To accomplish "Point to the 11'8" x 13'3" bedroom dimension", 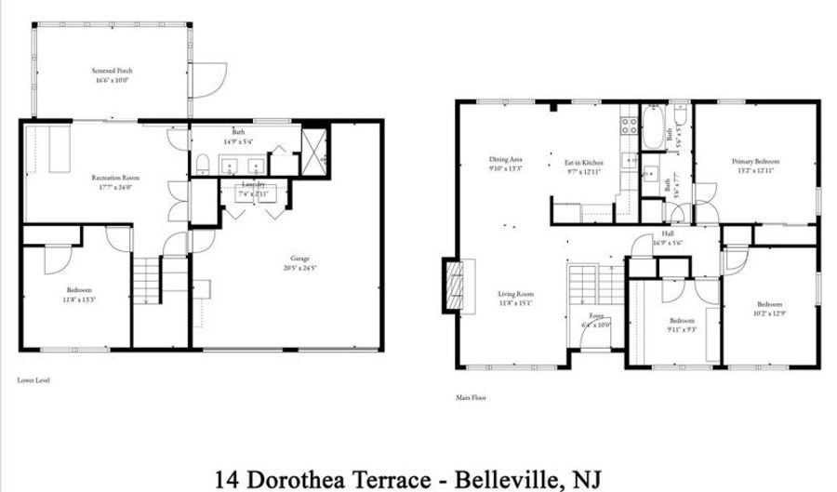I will (79, 299).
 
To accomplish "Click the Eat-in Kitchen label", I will (584, 163).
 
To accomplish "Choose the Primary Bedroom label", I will (754, 162).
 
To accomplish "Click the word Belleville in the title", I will (504, 479).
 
